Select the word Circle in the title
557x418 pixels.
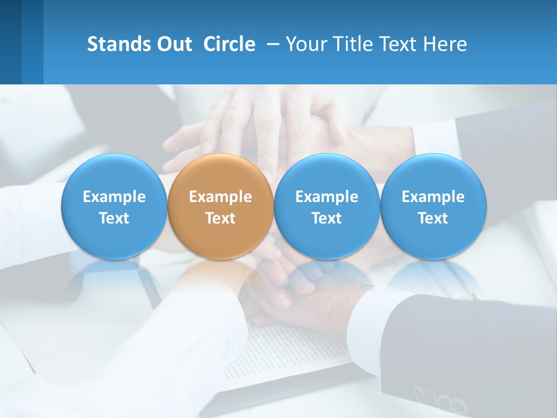pyautogui.click(x=229, y=44)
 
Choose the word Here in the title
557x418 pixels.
pyautogui.click(x=444, y=44)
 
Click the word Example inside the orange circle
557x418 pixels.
pyautogui.click(x=220, y=197)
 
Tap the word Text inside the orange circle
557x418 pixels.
pyautogui.click(x=220, y=218)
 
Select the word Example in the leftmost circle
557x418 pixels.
pyautogui.click(x=114, y=197)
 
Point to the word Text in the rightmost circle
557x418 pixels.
pyautogui.click(x=433, y=218)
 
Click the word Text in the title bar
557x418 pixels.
pyautogui.click(x=397, y=44)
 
